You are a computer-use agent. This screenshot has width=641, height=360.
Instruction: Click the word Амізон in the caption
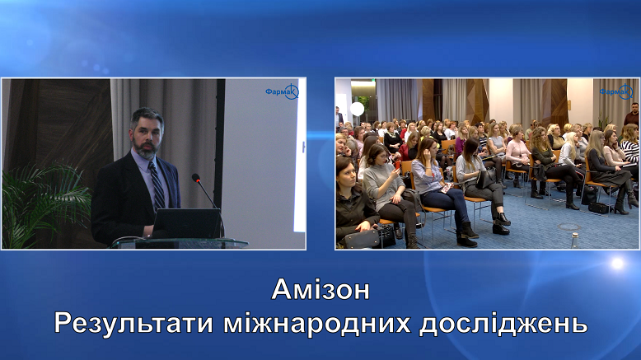click(320, 290)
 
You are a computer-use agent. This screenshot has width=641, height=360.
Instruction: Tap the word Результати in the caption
click(134, 323)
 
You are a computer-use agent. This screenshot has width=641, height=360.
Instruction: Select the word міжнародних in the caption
click(317, 323)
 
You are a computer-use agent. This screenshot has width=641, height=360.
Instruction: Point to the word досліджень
click(503, 324)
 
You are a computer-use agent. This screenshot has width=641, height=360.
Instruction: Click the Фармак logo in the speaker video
click(282, 92)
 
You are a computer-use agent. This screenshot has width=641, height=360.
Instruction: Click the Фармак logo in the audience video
click(616, 92)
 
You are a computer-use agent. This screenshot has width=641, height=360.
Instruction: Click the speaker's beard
click(145, 148)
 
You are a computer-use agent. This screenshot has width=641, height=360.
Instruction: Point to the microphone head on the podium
click(196, 178)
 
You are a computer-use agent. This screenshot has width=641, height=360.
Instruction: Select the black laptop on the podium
click(186, 223)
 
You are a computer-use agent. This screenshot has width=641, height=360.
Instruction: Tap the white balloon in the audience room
click(357, 109)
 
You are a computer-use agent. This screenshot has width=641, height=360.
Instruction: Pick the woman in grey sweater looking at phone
click(386, 192)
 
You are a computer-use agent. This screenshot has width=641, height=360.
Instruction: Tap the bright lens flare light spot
click(617, 263)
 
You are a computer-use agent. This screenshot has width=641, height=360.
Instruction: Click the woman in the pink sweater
click(518, 154)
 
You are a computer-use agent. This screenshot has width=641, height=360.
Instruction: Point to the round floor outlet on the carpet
click(569, 227)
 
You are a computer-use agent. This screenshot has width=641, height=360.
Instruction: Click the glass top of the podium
click(180, 243)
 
